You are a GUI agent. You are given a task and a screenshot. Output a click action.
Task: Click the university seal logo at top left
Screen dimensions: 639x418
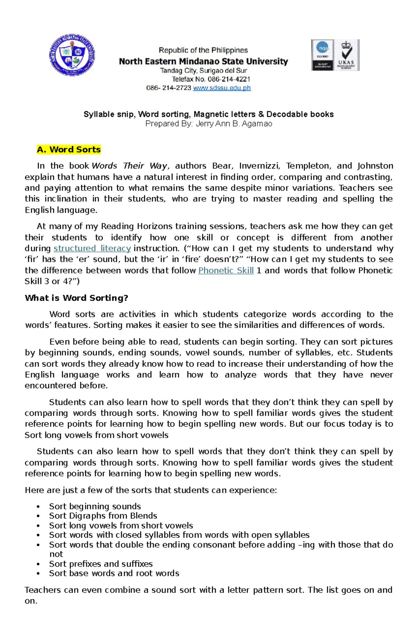click(x=72, y=55)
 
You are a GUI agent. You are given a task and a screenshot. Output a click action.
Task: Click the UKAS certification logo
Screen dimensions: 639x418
click(x=346, y=55)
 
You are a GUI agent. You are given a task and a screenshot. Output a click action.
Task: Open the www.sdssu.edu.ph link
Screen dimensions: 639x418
click(x=222, y=88)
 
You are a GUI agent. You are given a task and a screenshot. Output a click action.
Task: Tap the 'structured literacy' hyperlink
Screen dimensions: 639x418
click(x=92, y=248)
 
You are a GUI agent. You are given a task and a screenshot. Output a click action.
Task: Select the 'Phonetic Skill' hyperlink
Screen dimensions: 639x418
click(x=226, y=270)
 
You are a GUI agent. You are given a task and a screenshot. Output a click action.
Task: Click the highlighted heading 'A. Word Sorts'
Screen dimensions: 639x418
click(x=69, y=149)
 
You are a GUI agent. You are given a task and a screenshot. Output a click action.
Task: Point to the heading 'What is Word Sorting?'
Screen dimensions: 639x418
click(x=77, y=298)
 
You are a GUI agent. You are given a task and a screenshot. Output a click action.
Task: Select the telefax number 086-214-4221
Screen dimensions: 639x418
click(x=229, y=79)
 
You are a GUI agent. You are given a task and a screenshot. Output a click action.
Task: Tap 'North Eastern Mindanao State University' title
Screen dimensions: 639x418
click(x=203, y=62)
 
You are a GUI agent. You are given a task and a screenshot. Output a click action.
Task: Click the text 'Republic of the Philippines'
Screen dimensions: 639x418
click(x=203, y=50)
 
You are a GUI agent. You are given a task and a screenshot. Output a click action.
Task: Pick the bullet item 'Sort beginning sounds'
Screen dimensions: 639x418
click(x=95, y=506)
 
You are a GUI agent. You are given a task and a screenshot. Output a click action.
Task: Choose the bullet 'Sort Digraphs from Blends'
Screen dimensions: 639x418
click(x=103, y=516)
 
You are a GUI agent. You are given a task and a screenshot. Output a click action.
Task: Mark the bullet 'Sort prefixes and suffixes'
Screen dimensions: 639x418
click(x=101, y=564)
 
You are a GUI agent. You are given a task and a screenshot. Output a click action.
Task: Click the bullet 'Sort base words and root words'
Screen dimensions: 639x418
click(x=114, y=573)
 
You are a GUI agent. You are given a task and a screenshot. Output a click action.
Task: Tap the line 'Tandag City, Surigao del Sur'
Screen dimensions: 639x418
click(x=203, y=71)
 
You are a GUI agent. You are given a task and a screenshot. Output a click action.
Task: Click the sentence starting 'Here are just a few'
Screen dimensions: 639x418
click(x=151, y=490)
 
